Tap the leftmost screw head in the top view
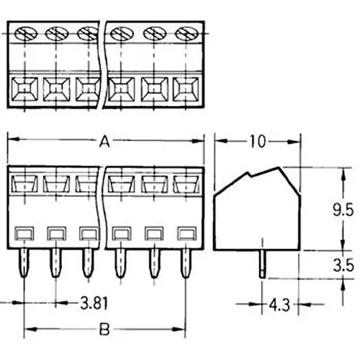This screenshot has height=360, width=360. click(23, 33)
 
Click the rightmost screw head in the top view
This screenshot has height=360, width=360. click(186, 33)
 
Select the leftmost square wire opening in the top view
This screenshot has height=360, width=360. click(23, 89)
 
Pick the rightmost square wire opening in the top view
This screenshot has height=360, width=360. click(186, 89)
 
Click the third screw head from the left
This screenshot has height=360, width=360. click(87, 33)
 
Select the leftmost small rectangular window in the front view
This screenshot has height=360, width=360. click(23, 233)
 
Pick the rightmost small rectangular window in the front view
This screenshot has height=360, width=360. click(186, 233)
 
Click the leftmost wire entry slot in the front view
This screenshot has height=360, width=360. click(23, 185)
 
